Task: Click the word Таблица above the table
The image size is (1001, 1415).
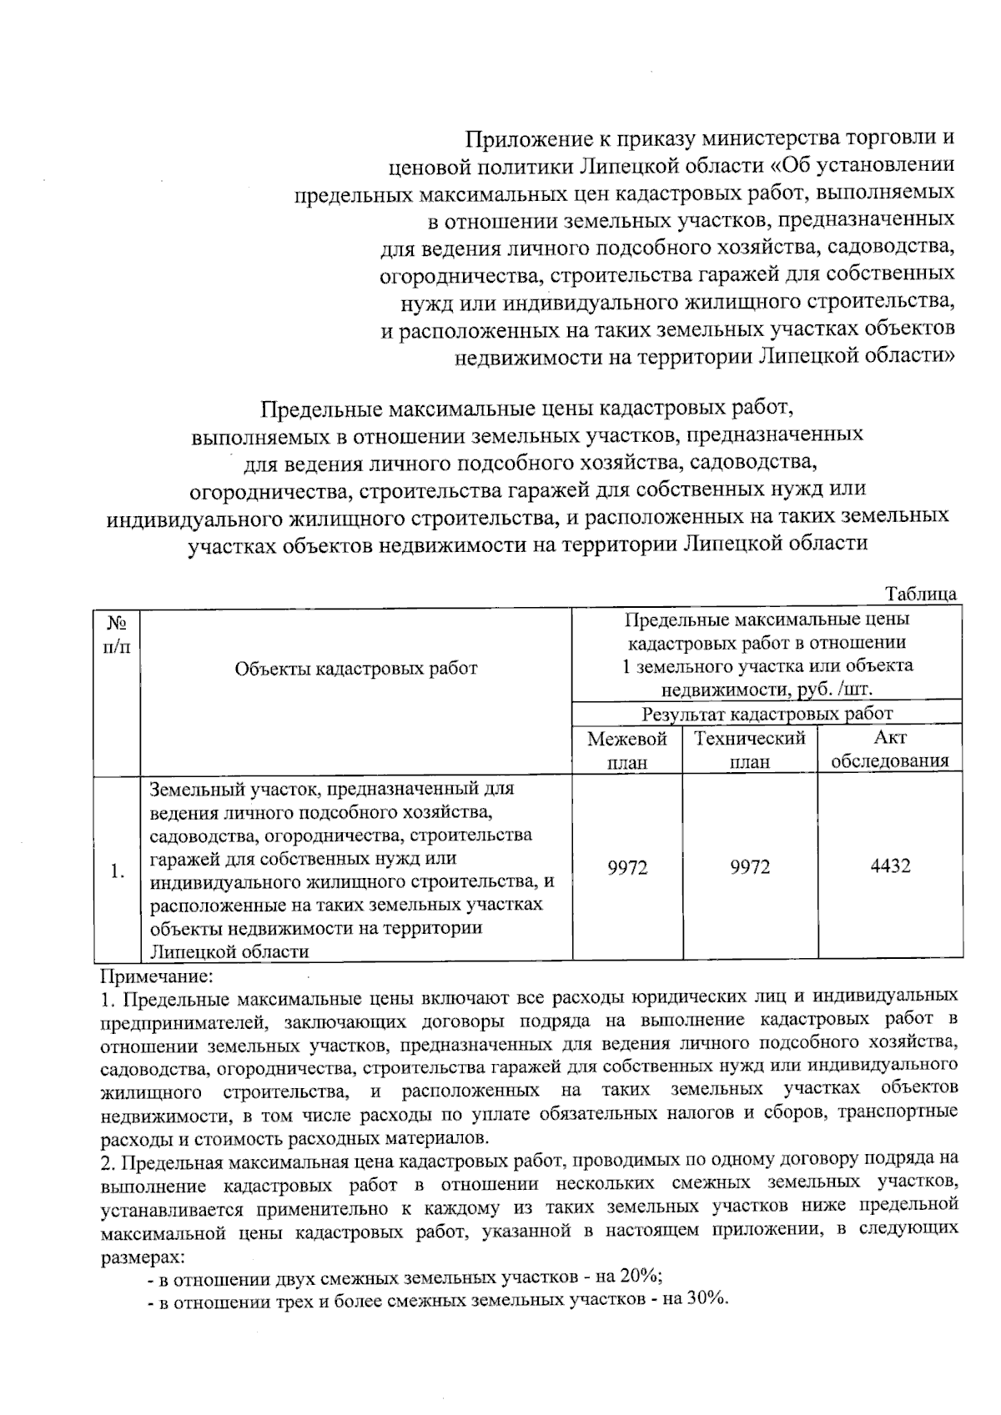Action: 920,594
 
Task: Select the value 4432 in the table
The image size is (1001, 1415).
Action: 890,866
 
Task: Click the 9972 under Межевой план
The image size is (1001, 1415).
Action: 627,867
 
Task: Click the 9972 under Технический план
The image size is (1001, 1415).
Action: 750,867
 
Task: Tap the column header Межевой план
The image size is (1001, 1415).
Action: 627,750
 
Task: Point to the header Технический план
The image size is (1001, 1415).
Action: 750,750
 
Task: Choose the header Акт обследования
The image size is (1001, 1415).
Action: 890,749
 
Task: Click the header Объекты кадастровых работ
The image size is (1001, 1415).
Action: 356,668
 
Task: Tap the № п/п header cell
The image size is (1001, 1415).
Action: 118,635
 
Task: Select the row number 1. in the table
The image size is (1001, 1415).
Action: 118,872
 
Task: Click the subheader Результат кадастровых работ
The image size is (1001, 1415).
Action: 767,714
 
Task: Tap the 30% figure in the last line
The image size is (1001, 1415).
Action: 707,1302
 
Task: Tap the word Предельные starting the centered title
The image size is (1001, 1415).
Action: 324,409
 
